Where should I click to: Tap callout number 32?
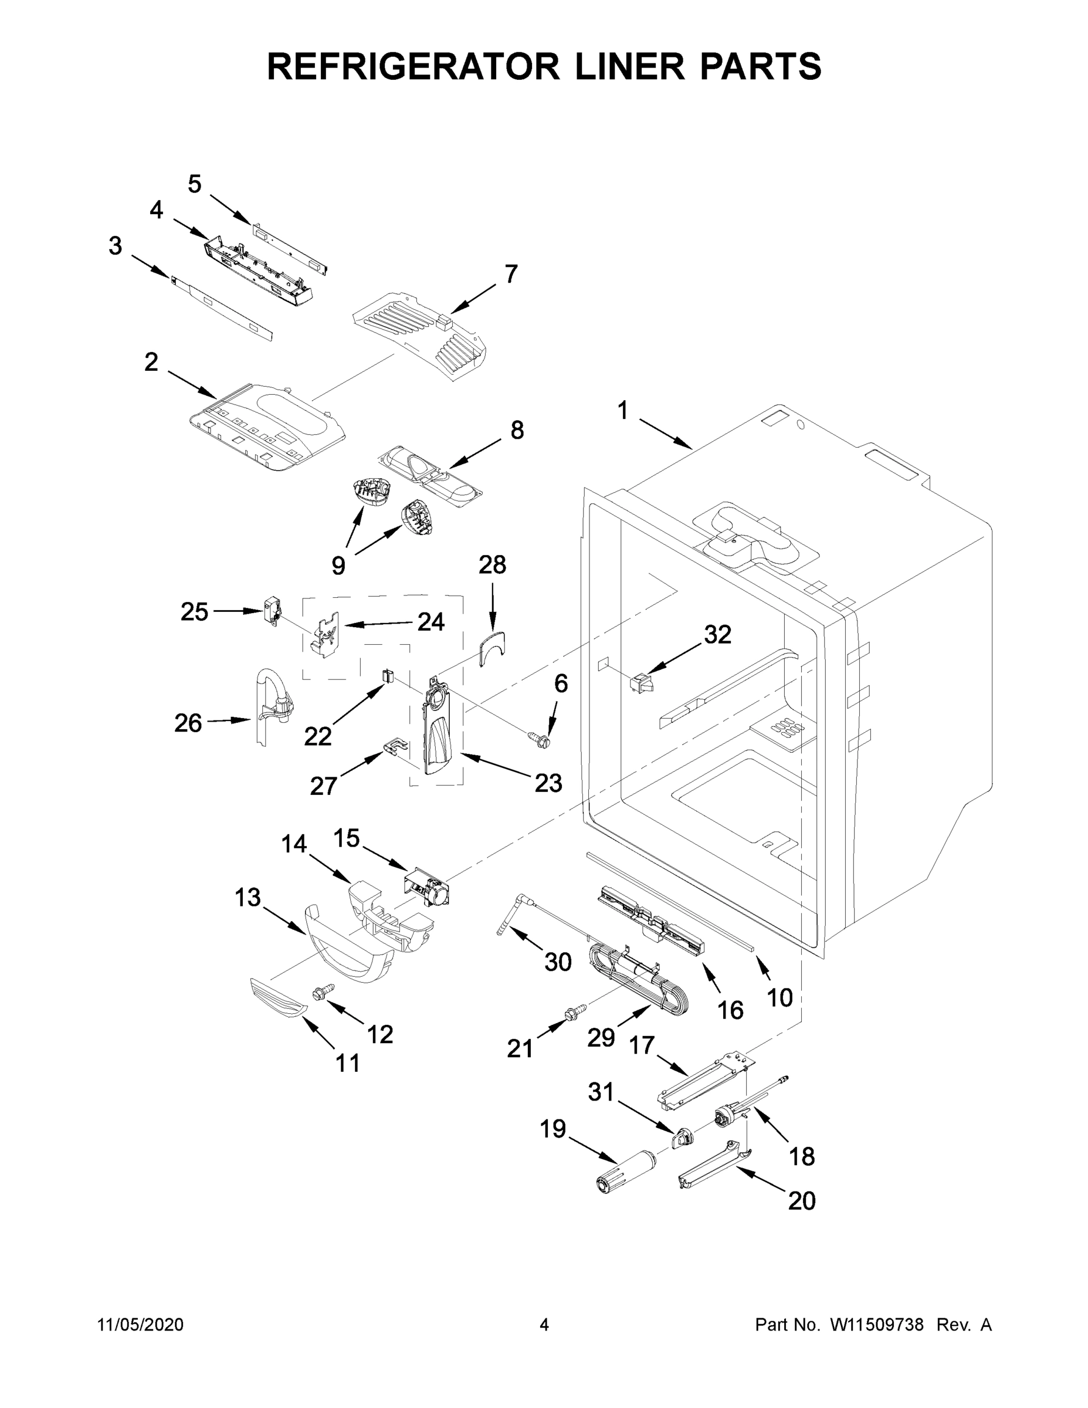pos(717,634)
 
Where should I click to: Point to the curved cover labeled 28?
pos(493,648)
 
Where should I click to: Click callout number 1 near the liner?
pos(623,411)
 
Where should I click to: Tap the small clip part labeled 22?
pos(387,675)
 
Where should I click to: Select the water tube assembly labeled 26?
pos(271,706)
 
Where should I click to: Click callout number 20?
pos(801,1200)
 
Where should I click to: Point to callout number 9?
pos(338,566)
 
